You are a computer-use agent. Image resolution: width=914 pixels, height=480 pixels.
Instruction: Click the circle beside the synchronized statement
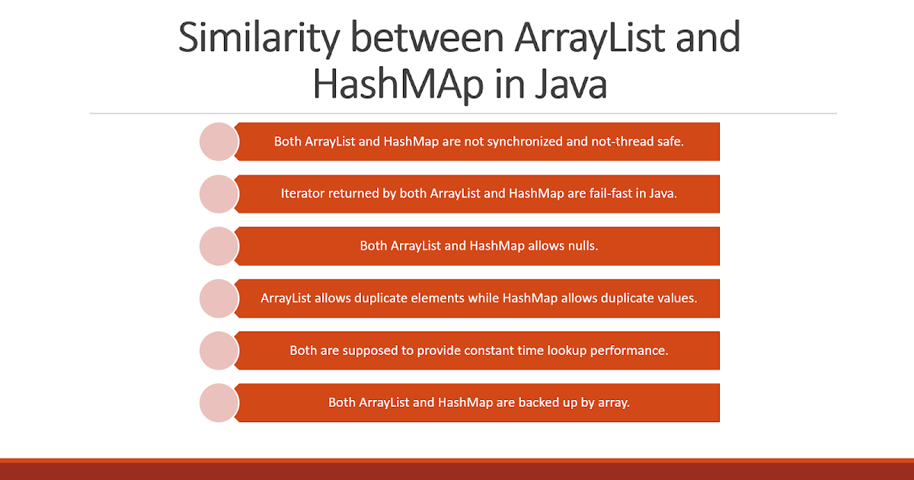click(219, 142)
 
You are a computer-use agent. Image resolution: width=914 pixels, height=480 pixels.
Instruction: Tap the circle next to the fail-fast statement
click(219, 194)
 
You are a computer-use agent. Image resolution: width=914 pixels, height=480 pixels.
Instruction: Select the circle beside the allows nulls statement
click(219, 246)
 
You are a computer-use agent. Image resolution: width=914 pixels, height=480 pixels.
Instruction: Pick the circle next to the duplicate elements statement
click(219, 298)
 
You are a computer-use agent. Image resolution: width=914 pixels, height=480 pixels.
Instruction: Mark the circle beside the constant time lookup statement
click(219, 350)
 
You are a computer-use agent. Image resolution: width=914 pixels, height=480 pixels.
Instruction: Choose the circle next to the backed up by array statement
click(219, 402)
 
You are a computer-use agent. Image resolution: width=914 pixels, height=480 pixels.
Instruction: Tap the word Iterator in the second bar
click(303, 194)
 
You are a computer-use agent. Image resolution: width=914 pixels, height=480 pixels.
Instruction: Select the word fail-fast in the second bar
click(593, 194)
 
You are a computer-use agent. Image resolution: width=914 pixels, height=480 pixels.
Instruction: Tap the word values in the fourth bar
click(676, 298)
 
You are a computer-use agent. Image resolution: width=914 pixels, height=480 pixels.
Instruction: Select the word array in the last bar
click(613, 402)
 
